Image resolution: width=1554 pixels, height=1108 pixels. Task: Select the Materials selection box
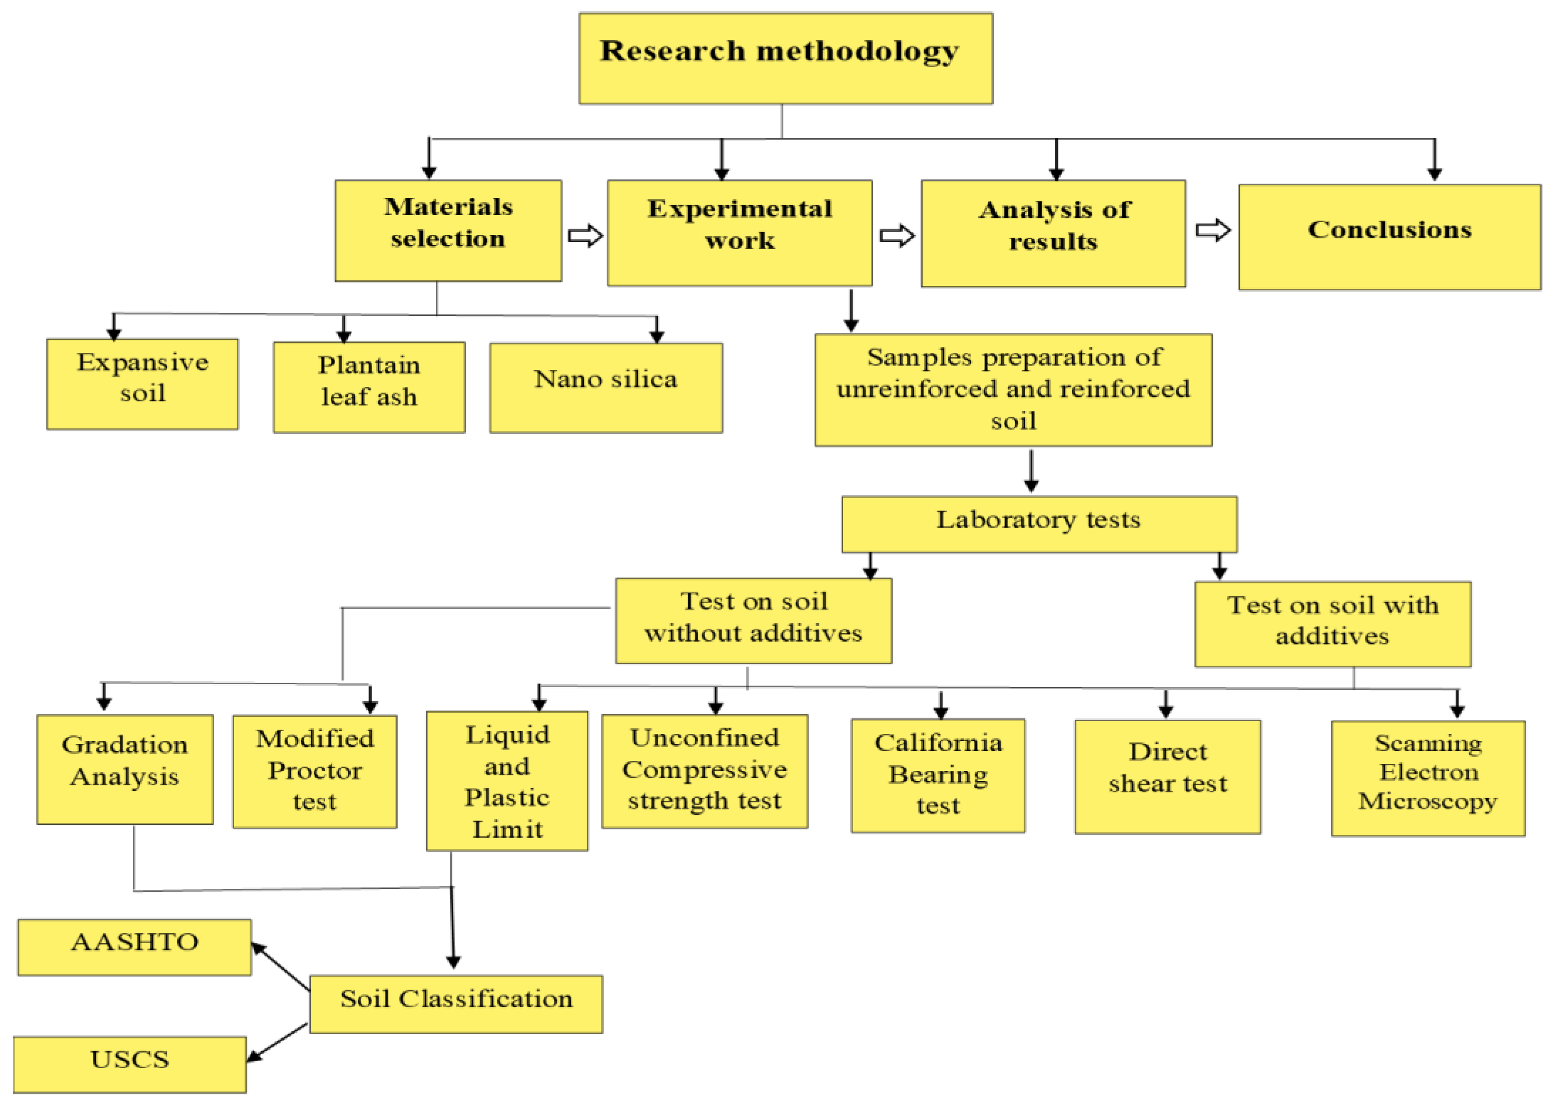[448, 231]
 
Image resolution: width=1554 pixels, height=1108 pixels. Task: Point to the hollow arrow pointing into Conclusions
[1213, 230]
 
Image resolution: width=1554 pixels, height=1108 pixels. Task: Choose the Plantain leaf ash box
[369, 387]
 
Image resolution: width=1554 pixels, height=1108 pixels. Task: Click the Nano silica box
[606, 387]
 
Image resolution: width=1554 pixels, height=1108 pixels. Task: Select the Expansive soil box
[142, 384]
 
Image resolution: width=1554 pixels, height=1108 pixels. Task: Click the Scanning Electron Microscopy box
[1427, 778]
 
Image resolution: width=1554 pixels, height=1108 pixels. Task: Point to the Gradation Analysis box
[125, 769]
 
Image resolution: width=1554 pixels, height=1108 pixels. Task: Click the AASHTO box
[135, 947]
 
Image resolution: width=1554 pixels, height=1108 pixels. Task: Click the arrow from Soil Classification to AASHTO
[281, 966]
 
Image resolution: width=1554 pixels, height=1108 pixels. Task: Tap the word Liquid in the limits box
[507, 735]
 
